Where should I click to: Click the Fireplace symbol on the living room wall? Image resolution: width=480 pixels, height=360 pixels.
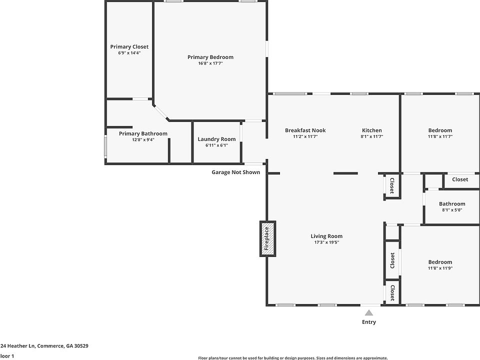(x=267, y=238)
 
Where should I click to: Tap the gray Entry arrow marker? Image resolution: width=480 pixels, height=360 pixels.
(x=369, y=312)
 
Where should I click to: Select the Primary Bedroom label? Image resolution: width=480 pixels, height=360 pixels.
(x=210, y=57)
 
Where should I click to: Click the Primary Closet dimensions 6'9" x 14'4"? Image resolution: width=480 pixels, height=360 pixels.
(x=129, y=52)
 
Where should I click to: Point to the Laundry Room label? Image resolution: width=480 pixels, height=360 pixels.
(x=216, y=139)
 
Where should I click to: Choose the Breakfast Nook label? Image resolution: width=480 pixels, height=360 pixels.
(x=305, y=130)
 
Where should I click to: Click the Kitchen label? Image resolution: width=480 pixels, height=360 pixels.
(x=371, y=130)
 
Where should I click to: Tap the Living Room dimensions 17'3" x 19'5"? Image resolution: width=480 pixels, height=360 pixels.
(x=326, y=242)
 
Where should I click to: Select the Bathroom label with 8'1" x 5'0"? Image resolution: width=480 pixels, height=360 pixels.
(x=452, y=203)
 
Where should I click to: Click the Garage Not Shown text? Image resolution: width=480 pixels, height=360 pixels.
(x=235, y=172)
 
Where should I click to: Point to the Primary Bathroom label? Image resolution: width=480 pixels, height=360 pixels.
(x=143, y=133)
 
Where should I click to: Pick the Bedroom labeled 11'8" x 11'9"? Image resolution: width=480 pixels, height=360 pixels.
(x=440, y=262)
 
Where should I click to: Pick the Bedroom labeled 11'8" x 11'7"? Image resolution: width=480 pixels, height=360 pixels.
(x=440, y=130)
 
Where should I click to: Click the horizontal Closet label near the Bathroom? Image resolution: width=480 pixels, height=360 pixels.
(x=460, y=179)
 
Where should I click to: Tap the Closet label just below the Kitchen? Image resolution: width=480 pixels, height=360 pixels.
(x=392, y=185)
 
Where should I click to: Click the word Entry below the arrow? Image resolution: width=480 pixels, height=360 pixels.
(x=369, y=322)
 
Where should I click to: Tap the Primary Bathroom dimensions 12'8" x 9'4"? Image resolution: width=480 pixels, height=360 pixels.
(x=143, y=140)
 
